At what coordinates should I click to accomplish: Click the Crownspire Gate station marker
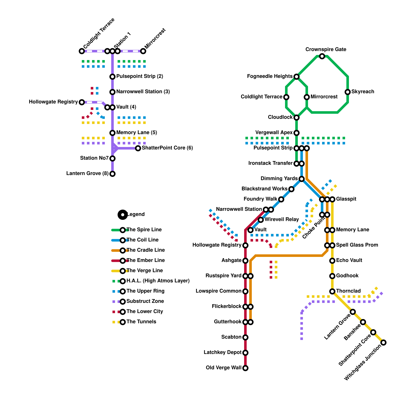click(x=322, y=56)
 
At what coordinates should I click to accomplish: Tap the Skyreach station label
click(x=362, y=92)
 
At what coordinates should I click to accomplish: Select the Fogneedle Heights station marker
click(x=297, y=77)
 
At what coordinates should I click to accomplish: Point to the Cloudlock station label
click(x=280, y=117)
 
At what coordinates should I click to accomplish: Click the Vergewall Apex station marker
click(x=297, y=133)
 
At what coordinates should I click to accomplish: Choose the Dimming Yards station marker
click(x=302, y=179)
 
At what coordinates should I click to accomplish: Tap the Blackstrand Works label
click(x=264, y=189)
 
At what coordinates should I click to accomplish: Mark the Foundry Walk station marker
click(x=281, y=199)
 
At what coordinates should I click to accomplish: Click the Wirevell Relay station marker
click(x=261, y=220)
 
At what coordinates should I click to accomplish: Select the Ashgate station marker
click(x=245, y=261)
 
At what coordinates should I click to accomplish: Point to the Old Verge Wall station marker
click(x=245, y=368)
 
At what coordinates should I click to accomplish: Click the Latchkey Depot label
click(x=222, y=353)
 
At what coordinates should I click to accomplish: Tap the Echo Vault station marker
click(x=332, y=261)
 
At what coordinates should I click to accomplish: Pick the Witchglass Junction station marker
click(x=383, y=343)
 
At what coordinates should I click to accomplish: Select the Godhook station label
click(x=347, y=276)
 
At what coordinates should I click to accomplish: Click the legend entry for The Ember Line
click(x=145, y=260)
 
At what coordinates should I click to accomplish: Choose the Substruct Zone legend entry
click(x=145, y=301)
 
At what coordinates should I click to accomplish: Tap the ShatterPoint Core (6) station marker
click(x=138, y=148)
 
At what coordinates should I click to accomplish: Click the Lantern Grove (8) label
click(x=87, y=173)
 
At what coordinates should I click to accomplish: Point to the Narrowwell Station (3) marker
click(x=112, y=92)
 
